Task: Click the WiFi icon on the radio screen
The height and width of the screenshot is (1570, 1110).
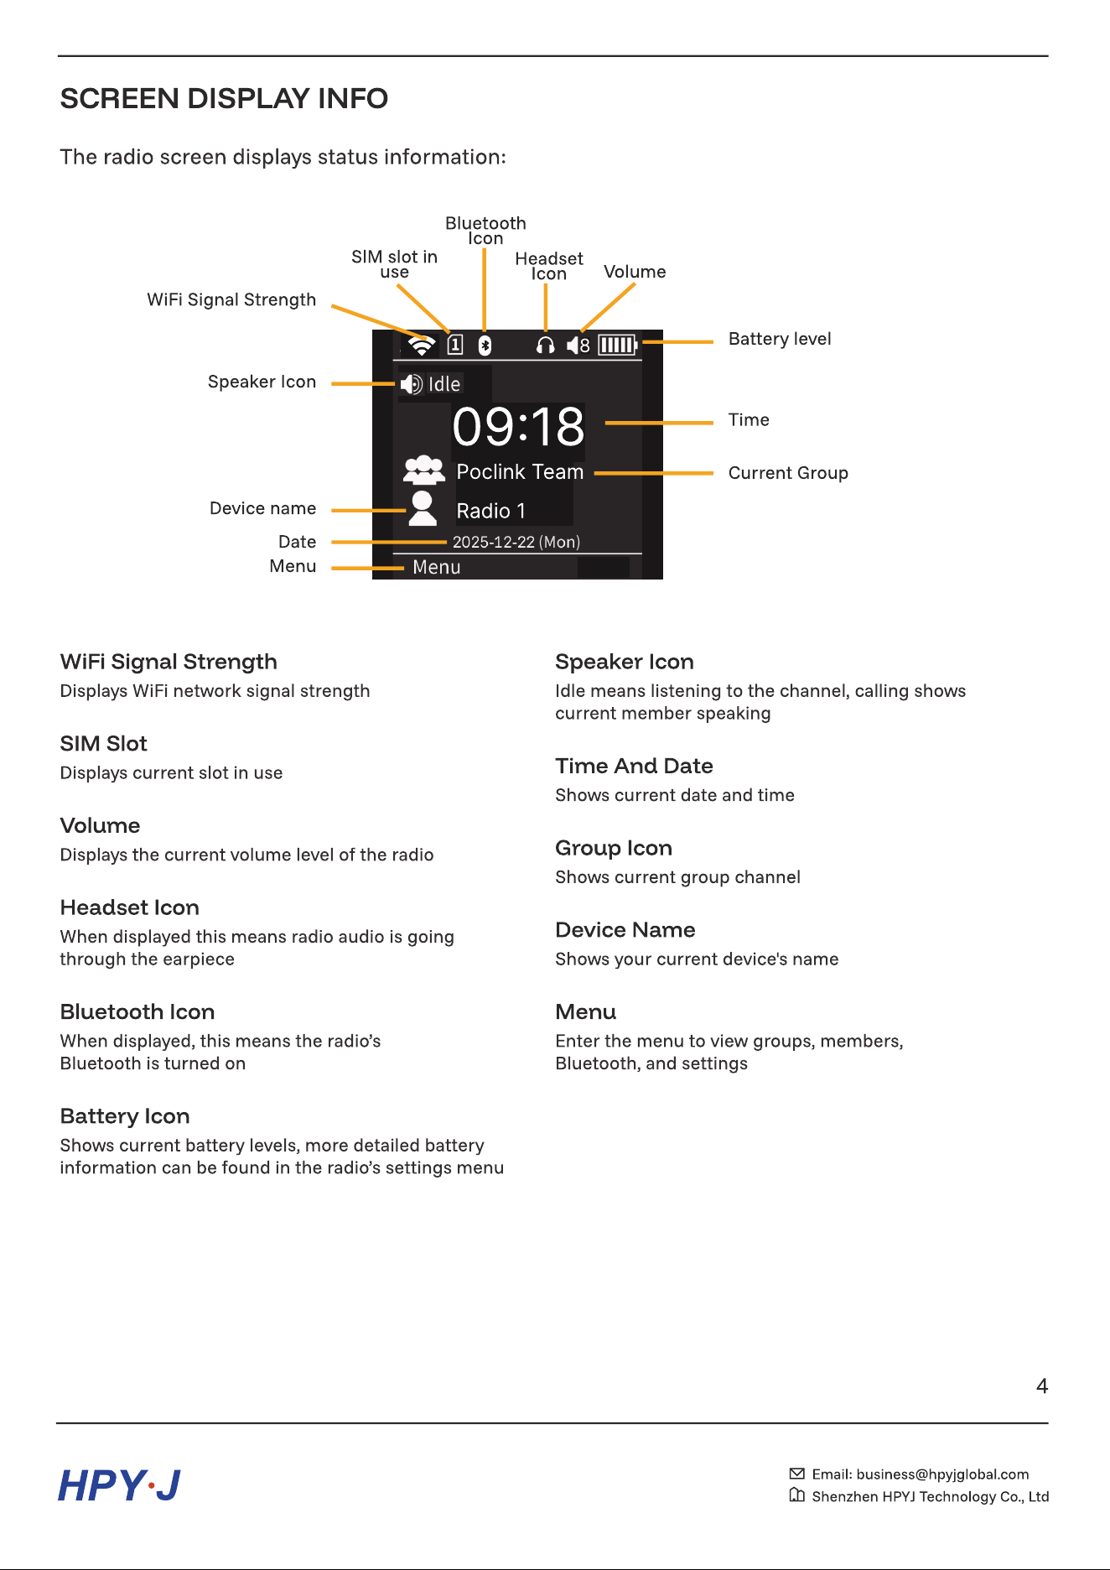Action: click(422, 345)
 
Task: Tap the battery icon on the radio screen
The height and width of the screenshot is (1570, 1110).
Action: click(618, 345)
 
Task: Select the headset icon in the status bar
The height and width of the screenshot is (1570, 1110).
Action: click(545, 345)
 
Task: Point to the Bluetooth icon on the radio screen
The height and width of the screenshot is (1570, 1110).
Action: click(485, 345)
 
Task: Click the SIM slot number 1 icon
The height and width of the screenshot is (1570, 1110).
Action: click(455, 345)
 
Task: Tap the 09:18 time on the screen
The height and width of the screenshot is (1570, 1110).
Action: click(518, 427)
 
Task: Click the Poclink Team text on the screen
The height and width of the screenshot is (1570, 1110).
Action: click(520, 472)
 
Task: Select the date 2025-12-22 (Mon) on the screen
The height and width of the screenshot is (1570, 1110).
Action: click(516, 542)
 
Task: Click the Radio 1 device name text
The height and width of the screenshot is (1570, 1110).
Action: click(490, 511)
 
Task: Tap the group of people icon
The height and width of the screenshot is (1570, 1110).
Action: click(424, 470)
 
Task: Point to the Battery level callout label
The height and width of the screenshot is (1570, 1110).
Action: click(780, 339)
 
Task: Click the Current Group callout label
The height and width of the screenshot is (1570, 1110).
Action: click(788, 473)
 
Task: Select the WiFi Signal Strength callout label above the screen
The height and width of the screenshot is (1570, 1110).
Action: click(231, 299)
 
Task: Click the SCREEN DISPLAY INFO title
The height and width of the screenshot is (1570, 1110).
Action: click(224, 99)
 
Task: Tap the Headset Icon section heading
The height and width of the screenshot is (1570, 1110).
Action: click(130, 907)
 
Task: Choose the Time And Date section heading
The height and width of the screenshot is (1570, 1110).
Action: click(634, 766)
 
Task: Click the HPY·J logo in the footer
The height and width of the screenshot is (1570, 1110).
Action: click(119, 1485)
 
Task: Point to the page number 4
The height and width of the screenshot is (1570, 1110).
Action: click(1042, 1386)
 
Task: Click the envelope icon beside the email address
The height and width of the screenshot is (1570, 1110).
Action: click(797, 1474)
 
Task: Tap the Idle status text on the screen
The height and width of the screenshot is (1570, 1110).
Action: click(444, 384)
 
